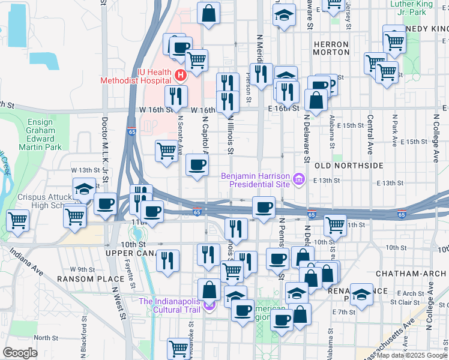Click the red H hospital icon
click(x=181, y=75)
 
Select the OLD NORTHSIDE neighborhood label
click(x=348, y=165)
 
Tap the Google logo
click(x=20, y=353)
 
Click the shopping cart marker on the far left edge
click(x=17, y=220)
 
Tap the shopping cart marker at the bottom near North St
click(x=178, y=347)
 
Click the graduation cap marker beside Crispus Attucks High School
click(x=84, y=188)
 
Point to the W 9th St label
click(x=82, y=269)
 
